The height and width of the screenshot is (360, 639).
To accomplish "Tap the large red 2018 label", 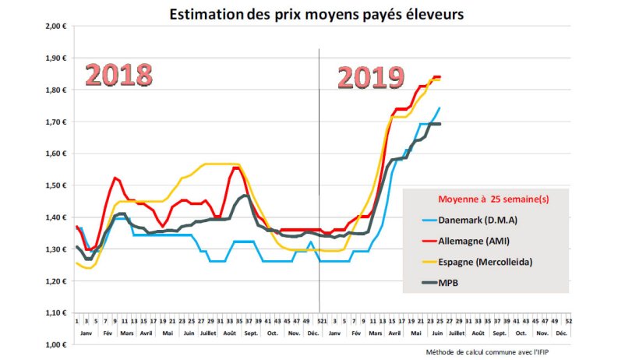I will (x=118, y=76).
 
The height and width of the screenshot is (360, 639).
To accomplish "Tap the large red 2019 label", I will (x=371, y=78).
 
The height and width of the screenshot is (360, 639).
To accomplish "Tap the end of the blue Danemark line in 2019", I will (x=440, y=108).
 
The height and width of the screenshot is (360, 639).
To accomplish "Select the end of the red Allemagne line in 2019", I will (x=440, y=76).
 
